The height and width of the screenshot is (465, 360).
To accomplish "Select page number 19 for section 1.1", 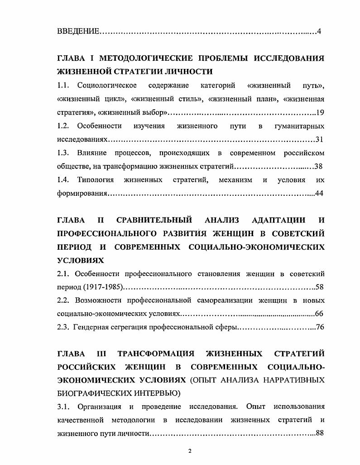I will (x=320, y=112).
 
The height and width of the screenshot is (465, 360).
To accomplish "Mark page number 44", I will (x=319, y=194).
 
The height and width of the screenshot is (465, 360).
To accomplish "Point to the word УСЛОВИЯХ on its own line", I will (x=81, y=261).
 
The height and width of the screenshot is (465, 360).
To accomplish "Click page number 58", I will (x=320, y=287).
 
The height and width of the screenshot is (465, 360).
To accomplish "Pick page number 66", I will (x=319, y=314).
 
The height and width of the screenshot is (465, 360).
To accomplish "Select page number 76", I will (x=320, y=328).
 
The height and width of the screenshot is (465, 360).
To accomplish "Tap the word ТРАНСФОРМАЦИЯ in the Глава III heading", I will (x=156, y=353).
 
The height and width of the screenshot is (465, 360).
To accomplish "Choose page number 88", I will (x=320, y=433).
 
